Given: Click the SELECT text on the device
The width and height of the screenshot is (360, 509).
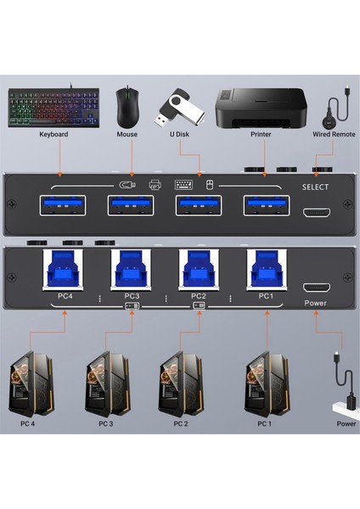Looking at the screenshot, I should (317, 186).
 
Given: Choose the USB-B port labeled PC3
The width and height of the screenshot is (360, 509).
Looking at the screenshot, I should (131, 270).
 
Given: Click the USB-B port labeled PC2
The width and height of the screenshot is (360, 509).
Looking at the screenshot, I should (198, 270).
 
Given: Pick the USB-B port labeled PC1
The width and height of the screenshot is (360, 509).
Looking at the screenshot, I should (265, 270).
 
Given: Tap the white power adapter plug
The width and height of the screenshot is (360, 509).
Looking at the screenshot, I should (346, 400).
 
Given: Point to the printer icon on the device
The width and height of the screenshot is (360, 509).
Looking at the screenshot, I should (155, 183).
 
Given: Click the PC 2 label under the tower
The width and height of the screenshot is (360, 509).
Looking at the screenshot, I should (181, 423).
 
